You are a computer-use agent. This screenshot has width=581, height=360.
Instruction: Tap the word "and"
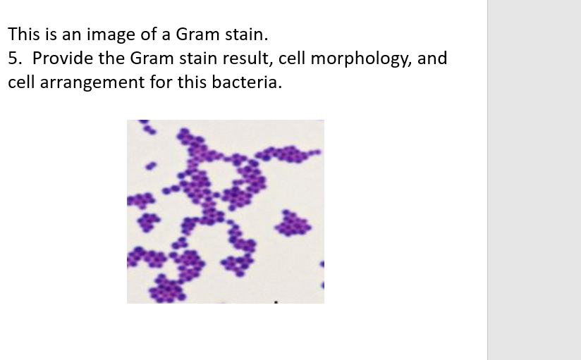click(x=433, y=58)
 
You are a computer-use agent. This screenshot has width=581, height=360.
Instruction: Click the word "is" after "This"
click(x=47, y=34)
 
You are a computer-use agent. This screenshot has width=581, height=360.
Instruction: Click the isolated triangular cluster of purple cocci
click(x=293, y=225)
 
